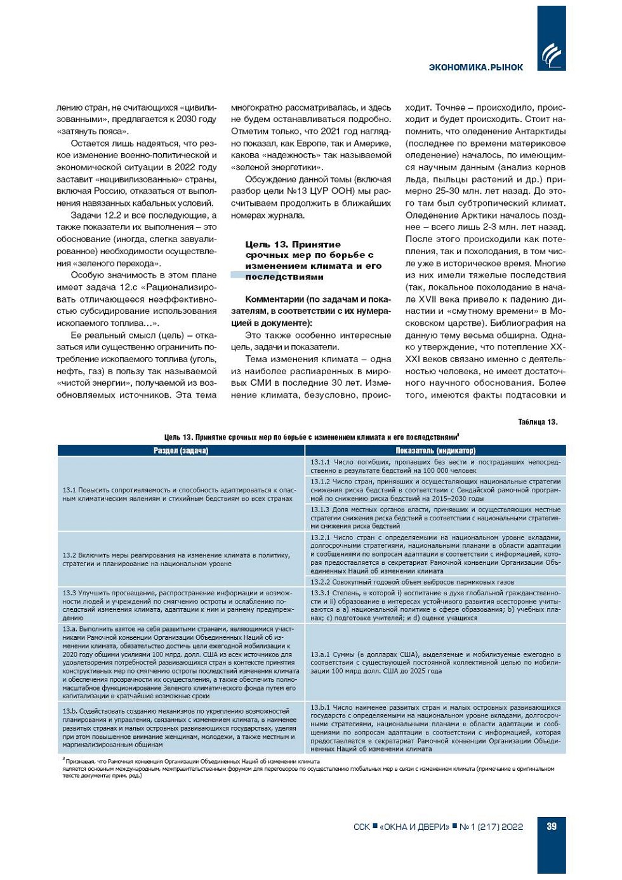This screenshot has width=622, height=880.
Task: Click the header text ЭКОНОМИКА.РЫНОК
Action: click(476, 67)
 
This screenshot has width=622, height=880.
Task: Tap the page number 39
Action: click(552, 826)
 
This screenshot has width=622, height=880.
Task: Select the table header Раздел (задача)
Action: click(181, 450)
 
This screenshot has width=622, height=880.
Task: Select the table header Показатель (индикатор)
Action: click(435, 450)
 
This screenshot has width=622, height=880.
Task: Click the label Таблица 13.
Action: click(538, 422)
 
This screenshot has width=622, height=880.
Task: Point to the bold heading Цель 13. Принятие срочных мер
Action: click(313, 261)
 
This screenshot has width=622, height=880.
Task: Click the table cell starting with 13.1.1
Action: click(435, 466)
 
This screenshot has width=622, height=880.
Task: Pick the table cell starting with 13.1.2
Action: click(435, 490)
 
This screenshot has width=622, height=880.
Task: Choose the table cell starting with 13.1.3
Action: click(435, 518)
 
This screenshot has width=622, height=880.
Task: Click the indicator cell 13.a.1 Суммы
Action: click(435, 662)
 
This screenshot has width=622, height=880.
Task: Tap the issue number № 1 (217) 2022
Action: click(491, 827)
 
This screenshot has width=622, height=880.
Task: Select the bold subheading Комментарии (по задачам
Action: click(318, 311)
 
